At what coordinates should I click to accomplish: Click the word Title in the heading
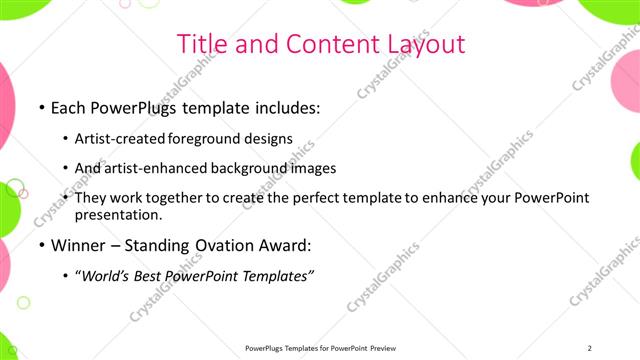pyautogui.click(x=200, y=44)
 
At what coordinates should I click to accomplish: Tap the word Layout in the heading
pyautogui.click(x=424, y=44)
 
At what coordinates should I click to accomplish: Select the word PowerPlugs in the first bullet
pyautogui.click(x=132, y=106)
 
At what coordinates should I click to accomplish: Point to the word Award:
pyautogui.click(x=288, y=244)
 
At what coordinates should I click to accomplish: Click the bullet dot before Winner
pyautogui.click(x=41, y=245)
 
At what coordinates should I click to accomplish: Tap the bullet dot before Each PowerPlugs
pyautogui.click(x=41, y=107)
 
